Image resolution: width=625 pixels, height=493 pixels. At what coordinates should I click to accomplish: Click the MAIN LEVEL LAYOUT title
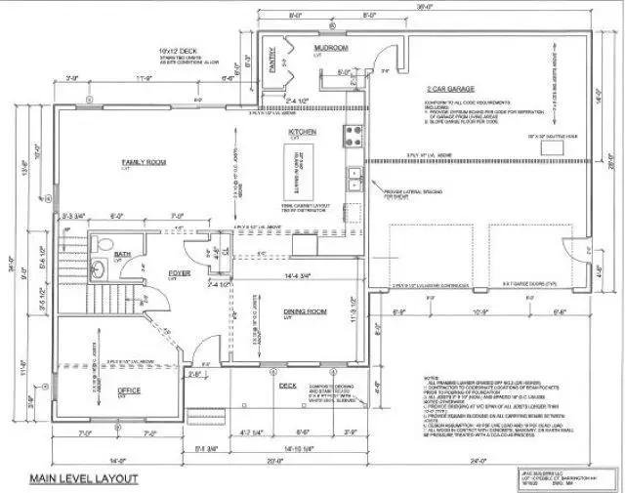pyautogui.click(x=83, y=478)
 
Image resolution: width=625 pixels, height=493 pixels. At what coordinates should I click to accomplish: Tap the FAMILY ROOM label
pyautogui.click(x=142, y=162)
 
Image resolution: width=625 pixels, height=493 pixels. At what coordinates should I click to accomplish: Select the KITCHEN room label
pyautogui.click(x=299, y=132)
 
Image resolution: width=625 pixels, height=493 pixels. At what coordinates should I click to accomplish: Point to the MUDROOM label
pyautogui.click(x=332, y=47)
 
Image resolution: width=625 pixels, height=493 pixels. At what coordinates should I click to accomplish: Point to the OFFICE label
pyautogui.click(x=129, y=390)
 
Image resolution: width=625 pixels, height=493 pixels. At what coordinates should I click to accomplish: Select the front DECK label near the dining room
pyautogui.click(x=287, y=385)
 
